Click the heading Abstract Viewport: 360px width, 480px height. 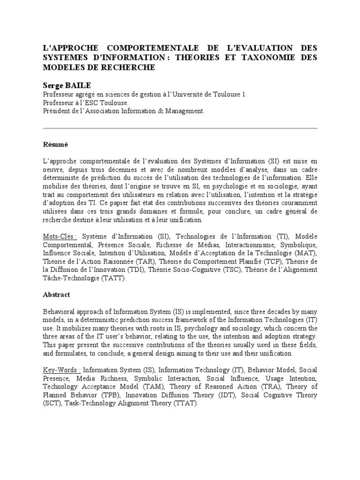point(56,294)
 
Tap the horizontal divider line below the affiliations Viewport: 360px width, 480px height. point(180,128)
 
